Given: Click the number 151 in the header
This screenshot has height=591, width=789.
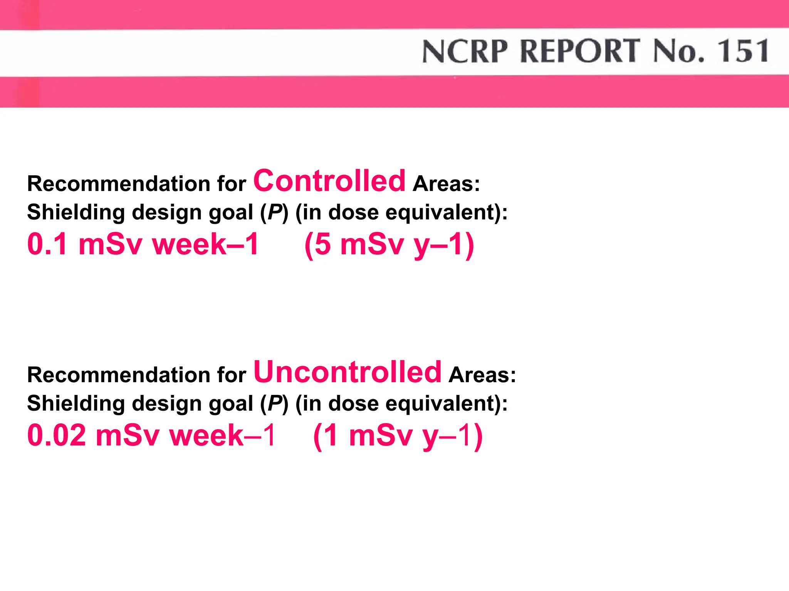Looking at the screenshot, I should (743, 51).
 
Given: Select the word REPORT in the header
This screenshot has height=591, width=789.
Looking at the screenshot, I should (580, 51).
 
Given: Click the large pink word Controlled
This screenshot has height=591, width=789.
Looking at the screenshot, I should (329, 181).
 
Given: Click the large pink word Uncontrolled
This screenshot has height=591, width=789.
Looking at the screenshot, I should (347, 372).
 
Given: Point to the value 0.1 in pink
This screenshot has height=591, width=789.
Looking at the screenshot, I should (47, 244).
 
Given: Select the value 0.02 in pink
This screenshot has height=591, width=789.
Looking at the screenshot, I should (57, 435).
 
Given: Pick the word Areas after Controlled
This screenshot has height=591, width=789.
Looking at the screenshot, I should (446, 184).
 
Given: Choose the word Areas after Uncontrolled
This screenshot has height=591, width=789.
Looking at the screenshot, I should (482, 375).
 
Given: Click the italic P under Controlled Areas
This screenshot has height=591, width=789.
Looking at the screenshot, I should (274, 212).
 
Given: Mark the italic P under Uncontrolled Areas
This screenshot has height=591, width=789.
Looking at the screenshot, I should (274, 403).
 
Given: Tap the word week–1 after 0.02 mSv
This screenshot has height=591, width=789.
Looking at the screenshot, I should (223, 435).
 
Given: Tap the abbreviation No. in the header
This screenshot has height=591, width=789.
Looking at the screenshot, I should (679, 51).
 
